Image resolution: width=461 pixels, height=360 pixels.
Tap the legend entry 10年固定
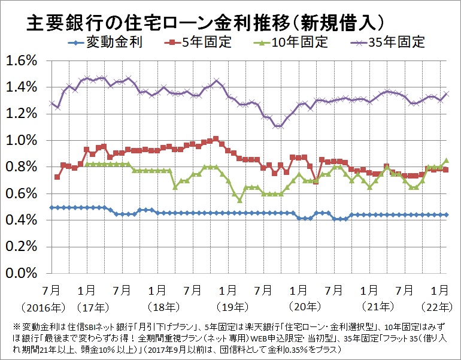pos(303,42)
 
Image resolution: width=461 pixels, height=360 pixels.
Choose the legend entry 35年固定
pos(401,42)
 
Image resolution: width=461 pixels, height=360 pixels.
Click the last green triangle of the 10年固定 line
pos(446,160)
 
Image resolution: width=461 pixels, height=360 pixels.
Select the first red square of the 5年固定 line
pos(57,177)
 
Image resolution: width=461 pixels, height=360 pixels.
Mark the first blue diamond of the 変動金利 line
pos(51,207)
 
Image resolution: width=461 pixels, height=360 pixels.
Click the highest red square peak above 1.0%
pos(216,138)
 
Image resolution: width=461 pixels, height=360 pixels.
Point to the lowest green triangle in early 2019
pos(239,199)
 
